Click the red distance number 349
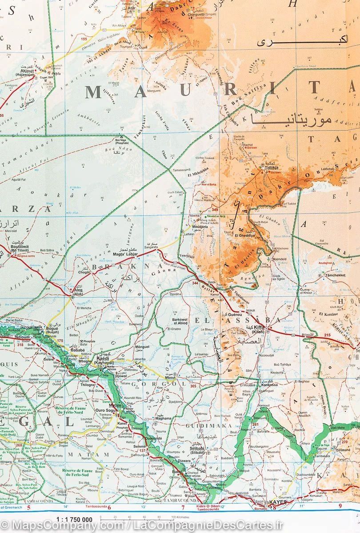click(215, 210)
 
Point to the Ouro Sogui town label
click(107, 411)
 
